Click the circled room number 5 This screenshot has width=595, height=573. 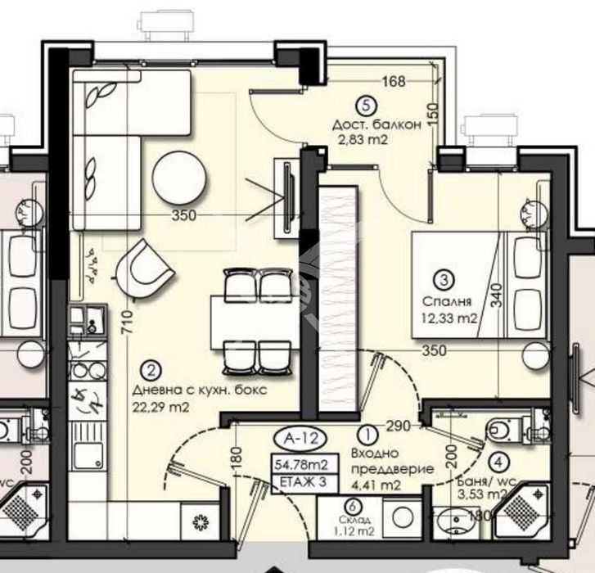point(367,104)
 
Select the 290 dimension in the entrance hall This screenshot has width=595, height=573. point(399,427)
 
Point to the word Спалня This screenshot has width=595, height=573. point(440,300)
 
